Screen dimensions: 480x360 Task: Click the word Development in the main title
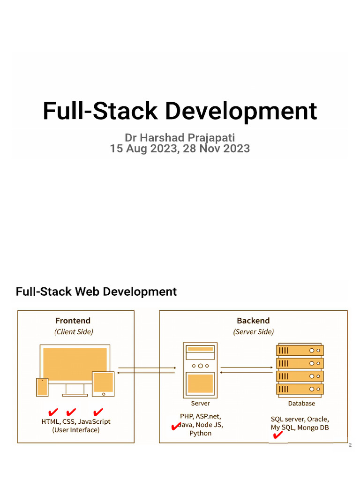tap(241, 112)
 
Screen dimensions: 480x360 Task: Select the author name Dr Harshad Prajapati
tap(180, 137)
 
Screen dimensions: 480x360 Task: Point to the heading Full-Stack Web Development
tap(96, 292)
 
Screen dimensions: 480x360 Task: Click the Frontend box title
tap(73, 321)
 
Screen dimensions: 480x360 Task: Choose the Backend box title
tap(253, 321)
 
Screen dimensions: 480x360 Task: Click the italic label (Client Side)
tap(74, 332)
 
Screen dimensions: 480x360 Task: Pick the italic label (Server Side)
tap(254, 332)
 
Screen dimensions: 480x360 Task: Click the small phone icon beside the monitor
tap(42, 387)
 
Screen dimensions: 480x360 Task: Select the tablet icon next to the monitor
tap(103, 382)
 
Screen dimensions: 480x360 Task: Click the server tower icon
tap(200, 369)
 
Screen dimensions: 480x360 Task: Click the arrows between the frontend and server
tap(147, 370)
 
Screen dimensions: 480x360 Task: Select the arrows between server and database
tap(247, 370)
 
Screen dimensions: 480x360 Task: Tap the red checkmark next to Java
tap(175, 426)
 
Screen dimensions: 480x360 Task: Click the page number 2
tap(350, 445)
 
